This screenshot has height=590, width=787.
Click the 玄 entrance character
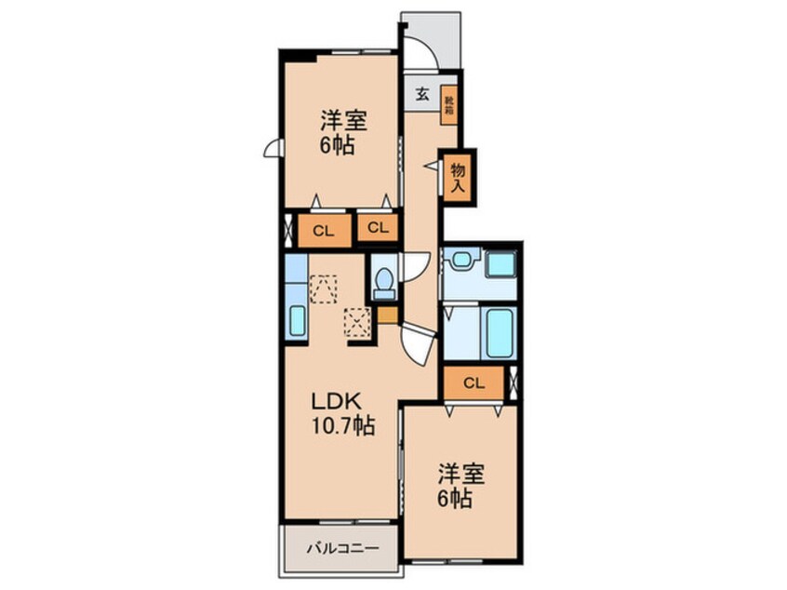point(422,94)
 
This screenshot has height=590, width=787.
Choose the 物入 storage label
point(458,175)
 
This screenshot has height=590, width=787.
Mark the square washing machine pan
point(500,263)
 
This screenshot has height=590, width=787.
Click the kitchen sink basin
point(297,320)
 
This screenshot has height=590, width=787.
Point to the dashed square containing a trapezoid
point(323,288)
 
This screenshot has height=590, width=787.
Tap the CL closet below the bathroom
point(474,382)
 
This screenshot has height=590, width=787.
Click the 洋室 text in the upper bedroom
point(343,121)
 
